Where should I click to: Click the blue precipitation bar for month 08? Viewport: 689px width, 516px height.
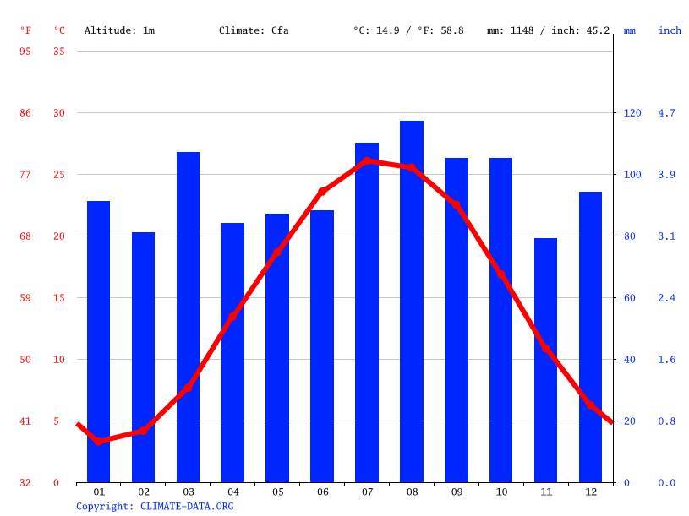click(x=412, y=301)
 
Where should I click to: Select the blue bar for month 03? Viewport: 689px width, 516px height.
click(x=188, y=317)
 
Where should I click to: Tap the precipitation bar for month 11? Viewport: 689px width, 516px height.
click(x=545, y=360)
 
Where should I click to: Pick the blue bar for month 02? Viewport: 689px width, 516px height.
click(x=143, y=357)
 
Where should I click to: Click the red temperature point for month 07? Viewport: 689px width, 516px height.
click(x=367, y=160)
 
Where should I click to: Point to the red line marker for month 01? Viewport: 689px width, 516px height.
click(x=99, y=441)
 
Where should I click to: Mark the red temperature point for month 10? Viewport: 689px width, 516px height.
click(x=500, y=274)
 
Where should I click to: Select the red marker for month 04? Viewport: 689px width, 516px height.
click(x=232, y=317)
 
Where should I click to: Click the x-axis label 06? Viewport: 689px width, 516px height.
click(x=322, y=492)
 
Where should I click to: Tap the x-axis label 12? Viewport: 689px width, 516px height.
click(x=590, y=492)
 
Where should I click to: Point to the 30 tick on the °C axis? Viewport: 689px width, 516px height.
click(x=59, y=113)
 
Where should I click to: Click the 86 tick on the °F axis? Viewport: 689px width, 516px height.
click(x=25, y=113)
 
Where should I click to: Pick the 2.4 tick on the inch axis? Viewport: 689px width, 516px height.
click(x=667, y=298)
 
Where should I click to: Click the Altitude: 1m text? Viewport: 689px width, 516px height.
click(x=119, y=30)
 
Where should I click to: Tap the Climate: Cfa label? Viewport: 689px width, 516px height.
click(x=254, y=30)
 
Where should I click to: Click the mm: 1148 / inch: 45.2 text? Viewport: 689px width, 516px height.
click(x=548, y=30)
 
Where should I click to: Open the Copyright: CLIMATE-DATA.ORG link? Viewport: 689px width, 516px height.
click(x=155, y=507)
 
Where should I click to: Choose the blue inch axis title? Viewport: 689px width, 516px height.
click(x=670, y=30)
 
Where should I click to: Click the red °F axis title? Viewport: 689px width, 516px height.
click(x=25, y=30)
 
